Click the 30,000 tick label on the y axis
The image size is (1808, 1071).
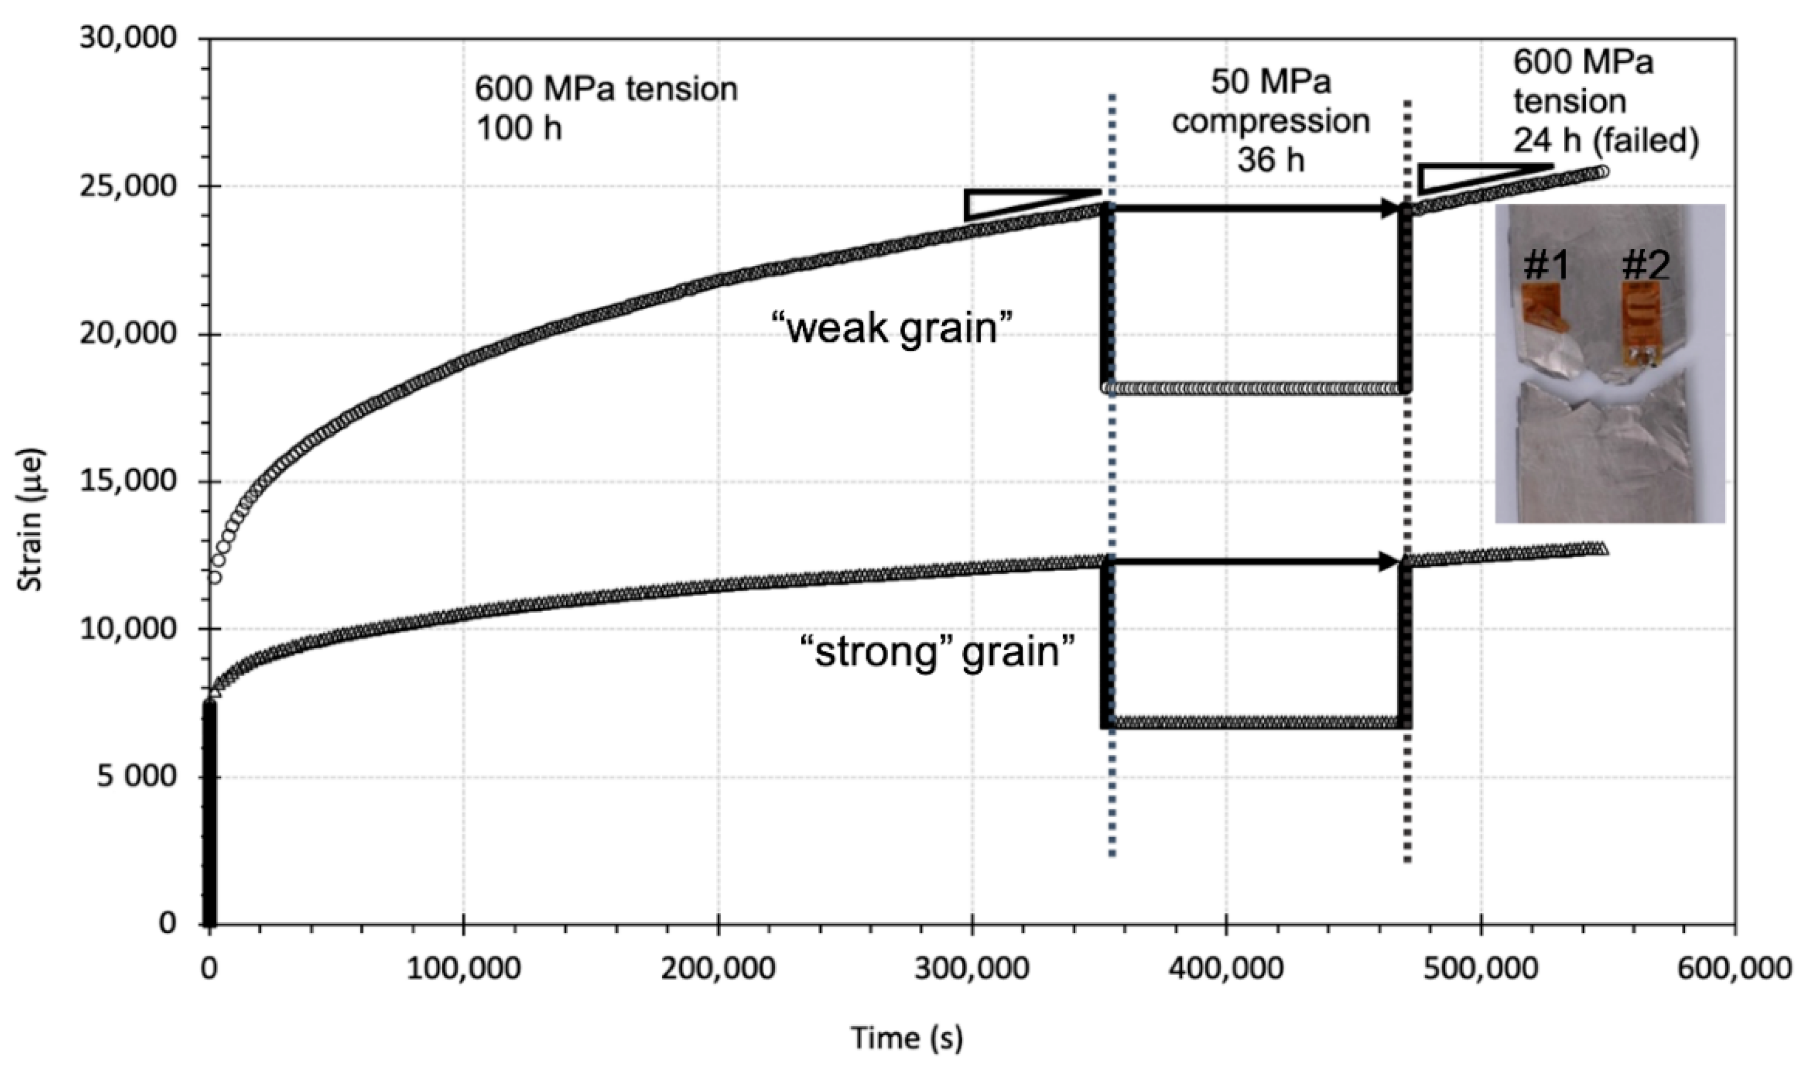(x=128, y=38)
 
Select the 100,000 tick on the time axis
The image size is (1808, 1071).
(x=463, y=967)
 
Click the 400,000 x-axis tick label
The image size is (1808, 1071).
(x=1226, y=967)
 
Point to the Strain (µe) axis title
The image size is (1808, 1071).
(x=30, y=520)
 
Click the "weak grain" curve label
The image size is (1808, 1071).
(x=892, y=328)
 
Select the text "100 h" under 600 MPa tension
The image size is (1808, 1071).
(x=518, y=129)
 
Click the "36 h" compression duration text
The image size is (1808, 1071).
(x=1270, y=160)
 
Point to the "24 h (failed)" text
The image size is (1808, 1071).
(x=1606, y=140)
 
